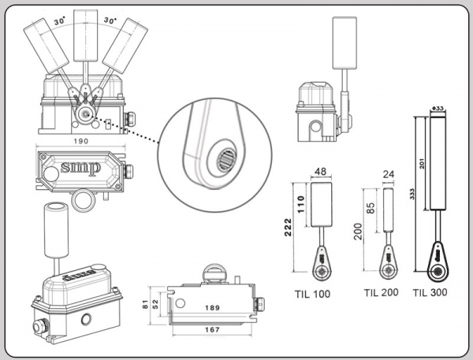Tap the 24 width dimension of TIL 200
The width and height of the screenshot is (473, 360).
388,176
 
